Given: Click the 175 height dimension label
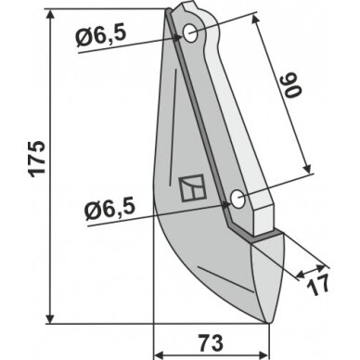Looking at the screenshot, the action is [x=37, y=159].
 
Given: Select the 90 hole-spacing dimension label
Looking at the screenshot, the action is [x=292, y=85].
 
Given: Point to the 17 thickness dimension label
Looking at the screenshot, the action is [x=317, y=286].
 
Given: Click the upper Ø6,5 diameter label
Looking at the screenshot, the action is [x=101, y=37].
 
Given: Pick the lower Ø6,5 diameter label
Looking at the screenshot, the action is [x=110, y=211].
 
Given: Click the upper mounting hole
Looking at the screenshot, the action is [x=190, y=33].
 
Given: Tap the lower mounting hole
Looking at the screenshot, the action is [x=238, y=199].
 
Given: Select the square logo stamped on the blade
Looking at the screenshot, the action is [x=192, y=187].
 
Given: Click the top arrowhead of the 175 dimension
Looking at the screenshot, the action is [x=50, y=14].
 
